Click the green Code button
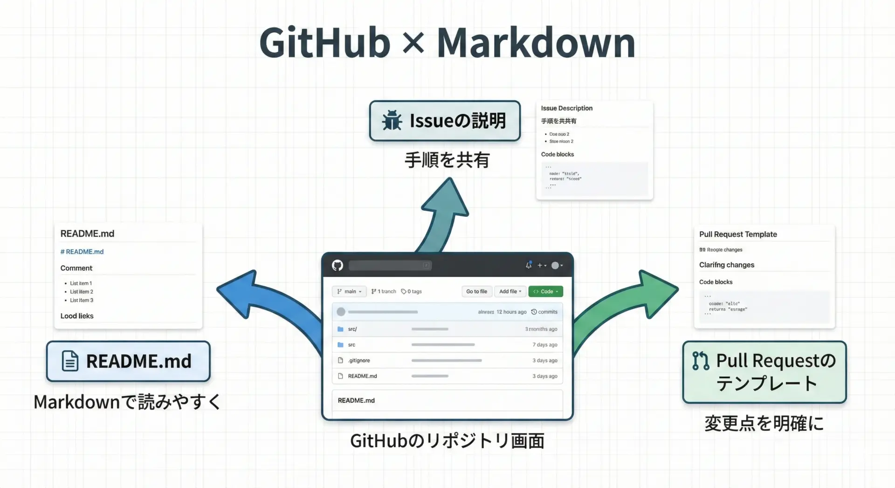pos(545,291)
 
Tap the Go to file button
pos(476,291)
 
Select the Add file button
pos(510,291)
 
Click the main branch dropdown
pos(349,291)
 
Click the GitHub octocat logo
pos(337,265)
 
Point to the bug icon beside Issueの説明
pos(392,120)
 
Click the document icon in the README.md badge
pos(70,361)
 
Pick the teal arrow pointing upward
pos(443,210)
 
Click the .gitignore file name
pos(359,360)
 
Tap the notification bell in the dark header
pos(529,265)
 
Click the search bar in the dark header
pos(390,265)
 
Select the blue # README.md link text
pos(82,252)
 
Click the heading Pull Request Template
pos(738,234)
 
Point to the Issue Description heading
pos(566,108)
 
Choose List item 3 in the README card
pos(82,300)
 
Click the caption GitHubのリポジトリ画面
pos(447,441)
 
